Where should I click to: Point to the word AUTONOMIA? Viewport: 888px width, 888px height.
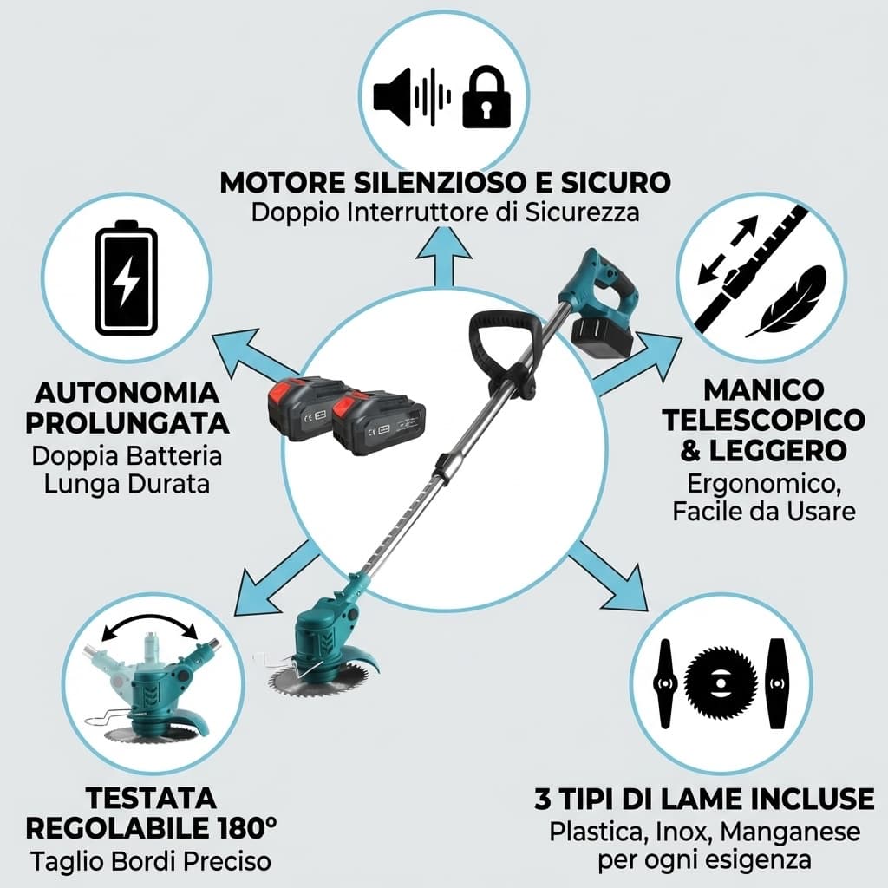click(x=127, y=393)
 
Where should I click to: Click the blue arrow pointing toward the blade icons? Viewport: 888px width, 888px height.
click(x=614, y=578)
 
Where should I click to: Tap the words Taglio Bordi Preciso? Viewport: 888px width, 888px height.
click(x=150, y=862)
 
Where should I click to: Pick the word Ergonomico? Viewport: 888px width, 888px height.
click(x=762, y=483)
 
